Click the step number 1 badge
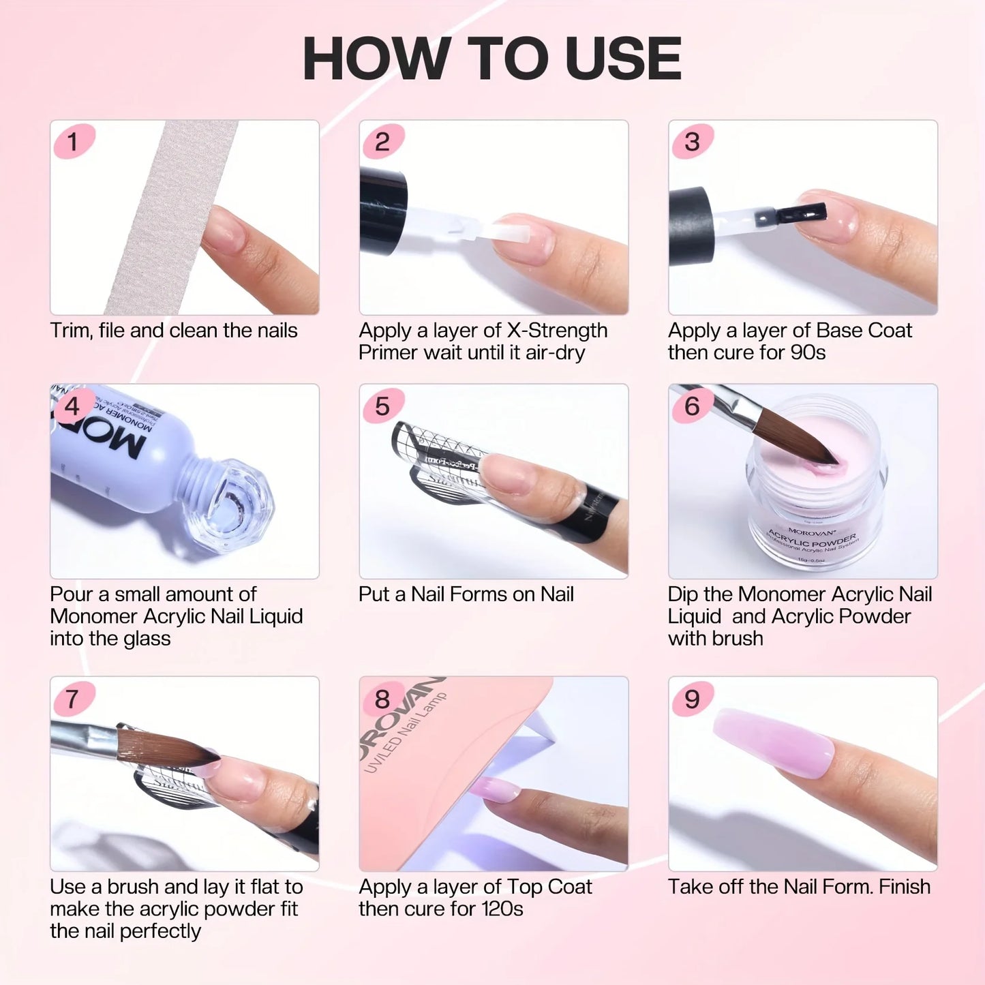pos(73,142)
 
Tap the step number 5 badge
pos(382,406)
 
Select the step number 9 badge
pos(692,699)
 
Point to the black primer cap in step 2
pos(382,211)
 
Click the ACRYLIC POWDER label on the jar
pos(812,538)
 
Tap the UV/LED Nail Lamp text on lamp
pos(406,733)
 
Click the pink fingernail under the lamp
pos(495,791)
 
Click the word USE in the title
pos(623,59)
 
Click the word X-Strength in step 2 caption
pos(557,331)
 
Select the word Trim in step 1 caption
pos(70,331)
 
